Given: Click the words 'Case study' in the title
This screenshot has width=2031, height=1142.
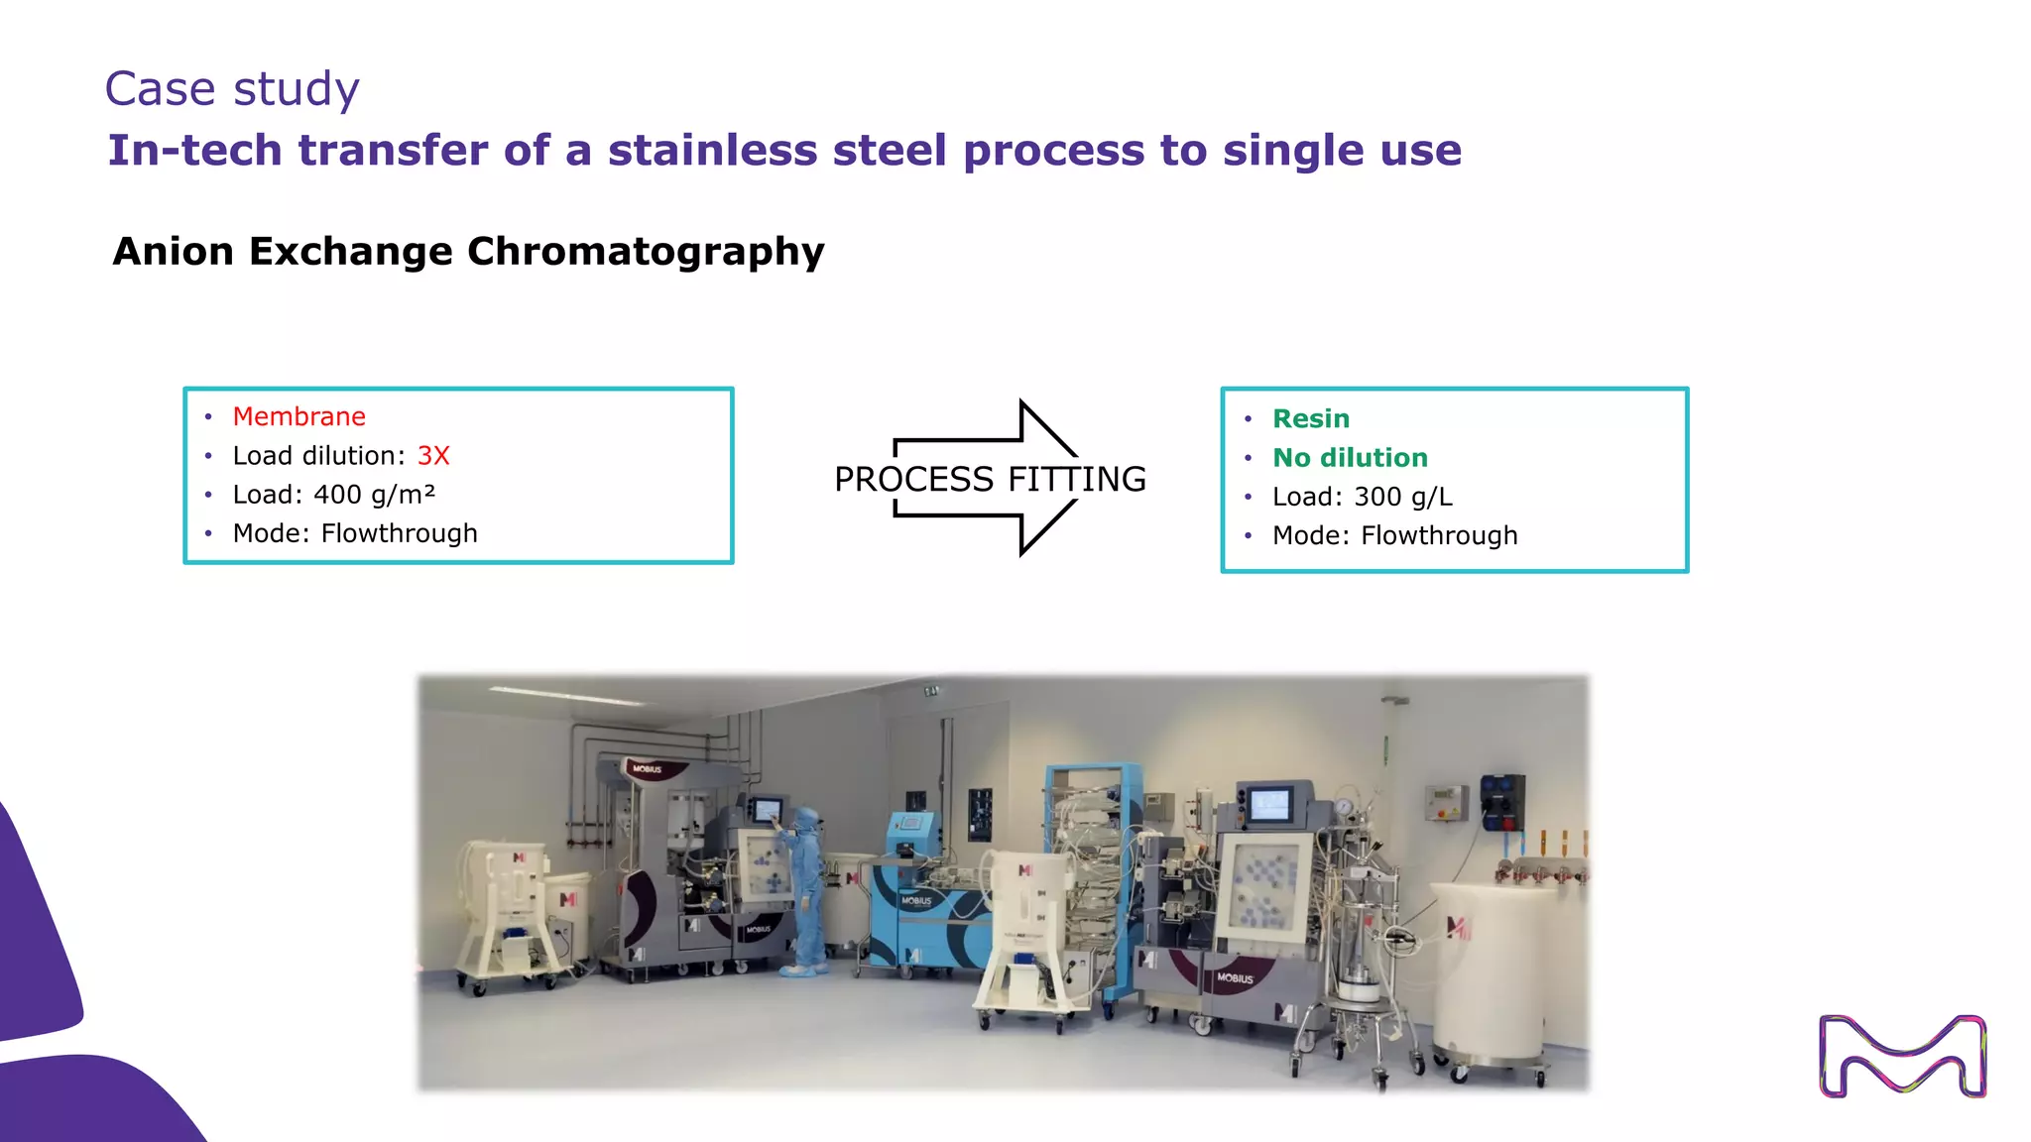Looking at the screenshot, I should click(x=231, y=89).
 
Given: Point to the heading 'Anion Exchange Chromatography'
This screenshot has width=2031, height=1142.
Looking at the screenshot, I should click(x=468, y=252).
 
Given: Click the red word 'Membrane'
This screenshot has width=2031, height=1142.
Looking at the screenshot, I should click(x=299, y=416).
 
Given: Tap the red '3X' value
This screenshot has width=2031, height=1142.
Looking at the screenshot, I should click(x=433, y=456).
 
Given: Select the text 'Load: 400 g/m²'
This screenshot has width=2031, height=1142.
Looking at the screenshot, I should click(x=333, y=495).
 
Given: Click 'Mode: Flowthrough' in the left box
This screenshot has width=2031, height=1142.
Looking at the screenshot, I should click(x=354, y=534).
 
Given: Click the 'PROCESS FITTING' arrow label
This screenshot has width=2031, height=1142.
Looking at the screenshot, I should click(x=989, y=480).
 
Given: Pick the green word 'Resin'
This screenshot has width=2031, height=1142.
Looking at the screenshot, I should click(x=1310, y=419).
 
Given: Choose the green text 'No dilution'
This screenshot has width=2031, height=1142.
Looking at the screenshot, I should click(x=1350, y=458).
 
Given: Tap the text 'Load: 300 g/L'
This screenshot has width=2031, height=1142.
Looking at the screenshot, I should click(x=1362, y=497).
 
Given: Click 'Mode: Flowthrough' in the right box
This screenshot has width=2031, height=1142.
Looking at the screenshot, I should click(x=1394, y=536).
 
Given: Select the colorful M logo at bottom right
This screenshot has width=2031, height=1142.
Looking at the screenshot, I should click(x=1902, y=1057).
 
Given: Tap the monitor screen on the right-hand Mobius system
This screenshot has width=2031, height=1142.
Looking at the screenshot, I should click(x=1268, y=804).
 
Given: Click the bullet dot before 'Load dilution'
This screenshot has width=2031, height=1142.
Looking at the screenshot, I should click(x=208, y=456).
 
